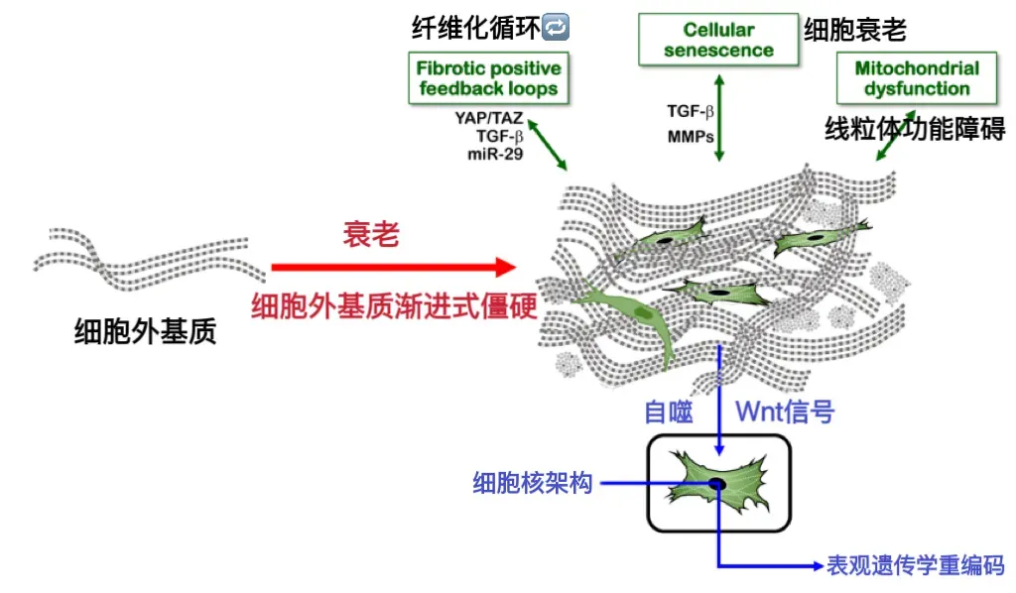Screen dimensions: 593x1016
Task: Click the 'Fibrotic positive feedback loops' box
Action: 484,78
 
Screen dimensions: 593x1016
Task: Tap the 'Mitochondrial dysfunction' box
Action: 902,78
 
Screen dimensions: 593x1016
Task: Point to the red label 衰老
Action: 371,235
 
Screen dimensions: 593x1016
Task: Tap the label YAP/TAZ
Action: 488,119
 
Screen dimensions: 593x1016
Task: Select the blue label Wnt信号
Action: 784,411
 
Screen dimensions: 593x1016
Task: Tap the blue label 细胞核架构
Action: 533,484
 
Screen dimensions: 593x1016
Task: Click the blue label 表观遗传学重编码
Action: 916,565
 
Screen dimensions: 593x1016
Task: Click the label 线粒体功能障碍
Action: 915,129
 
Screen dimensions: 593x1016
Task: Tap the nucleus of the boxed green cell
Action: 716,483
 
